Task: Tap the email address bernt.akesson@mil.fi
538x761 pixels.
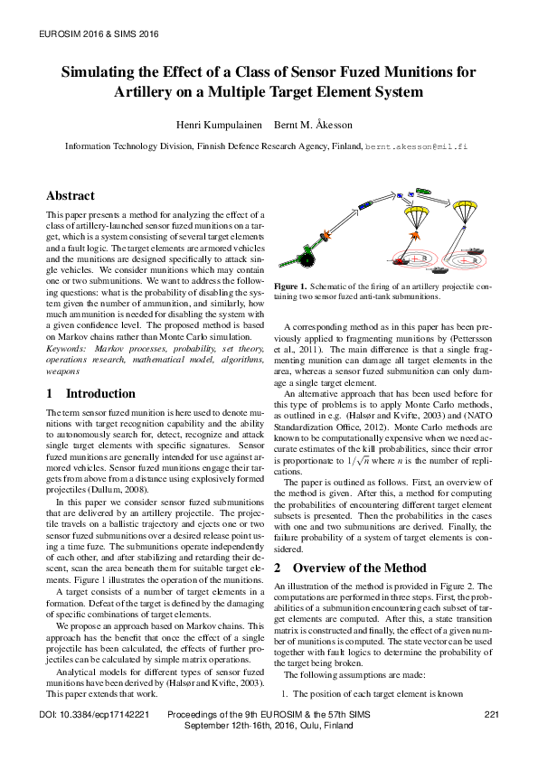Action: tap(416, 145)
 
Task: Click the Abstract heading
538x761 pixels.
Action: tap(70, 195)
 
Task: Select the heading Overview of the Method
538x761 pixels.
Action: tap(359, 568)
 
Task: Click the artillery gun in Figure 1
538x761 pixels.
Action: tap(306, 258)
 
